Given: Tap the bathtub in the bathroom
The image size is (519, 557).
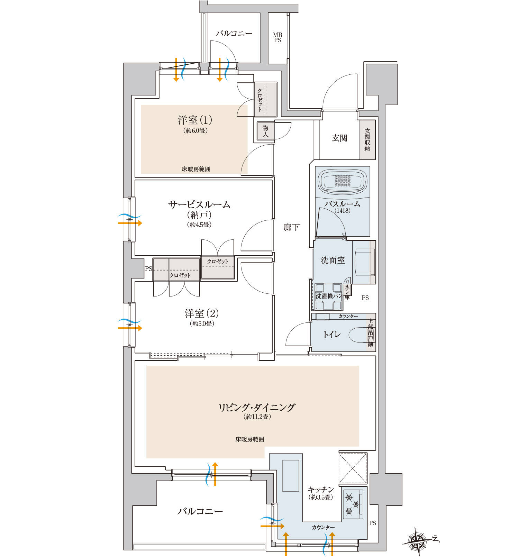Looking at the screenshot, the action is click(x=343, y=182).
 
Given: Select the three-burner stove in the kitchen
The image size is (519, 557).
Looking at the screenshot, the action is click(x=353, y=504).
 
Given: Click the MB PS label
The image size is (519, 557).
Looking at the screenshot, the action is click(x=277, y=37).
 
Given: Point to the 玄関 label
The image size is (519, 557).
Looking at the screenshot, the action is click(x=339, y=138).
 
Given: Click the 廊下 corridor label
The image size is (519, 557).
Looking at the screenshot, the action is click(x=291, y=227).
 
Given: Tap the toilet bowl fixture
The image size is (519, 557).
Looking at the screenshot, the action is click(x=358, y=335).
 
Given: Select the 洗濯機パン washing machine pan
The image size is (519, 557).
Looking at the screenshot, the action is click(x=328, y=296).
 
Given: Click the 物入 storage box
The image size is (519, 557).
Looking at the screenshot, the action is click(x=265, y=131).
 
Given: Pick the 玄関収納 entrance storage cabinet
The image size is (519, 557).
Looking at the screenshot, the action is click(x=367, y=140).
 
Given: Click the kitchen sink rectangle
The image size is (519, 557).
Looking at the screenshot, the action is click(x=291, y=476).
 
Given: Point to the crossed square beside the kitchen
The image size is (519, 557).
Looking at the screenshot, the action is click(x=353, y=468).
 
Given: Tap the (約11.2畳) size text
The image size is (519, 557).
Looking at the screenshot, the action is click(x=257, y=417).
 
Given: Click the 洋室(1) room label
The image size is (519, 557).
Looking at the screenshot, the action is click(x=195, y=120).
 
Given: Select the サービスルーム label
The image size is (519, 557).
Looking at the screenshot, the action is click(x=199, y=204).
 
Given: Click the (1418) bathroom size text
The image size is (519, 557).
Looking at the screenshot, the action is click(x=342, y=210).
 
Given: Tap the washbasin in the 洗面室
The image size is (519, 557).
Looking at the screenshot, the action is click(x=363, y=263).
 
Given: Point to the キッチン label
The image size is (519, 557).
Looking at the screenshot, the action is click(x=321, y=490).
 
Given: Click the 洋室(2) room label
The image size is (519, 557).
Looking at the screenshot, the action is click(x=202, y=313).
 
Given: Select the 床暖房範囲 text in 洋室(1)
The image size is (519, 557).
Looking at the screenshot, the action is click(x=196, y=169).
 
